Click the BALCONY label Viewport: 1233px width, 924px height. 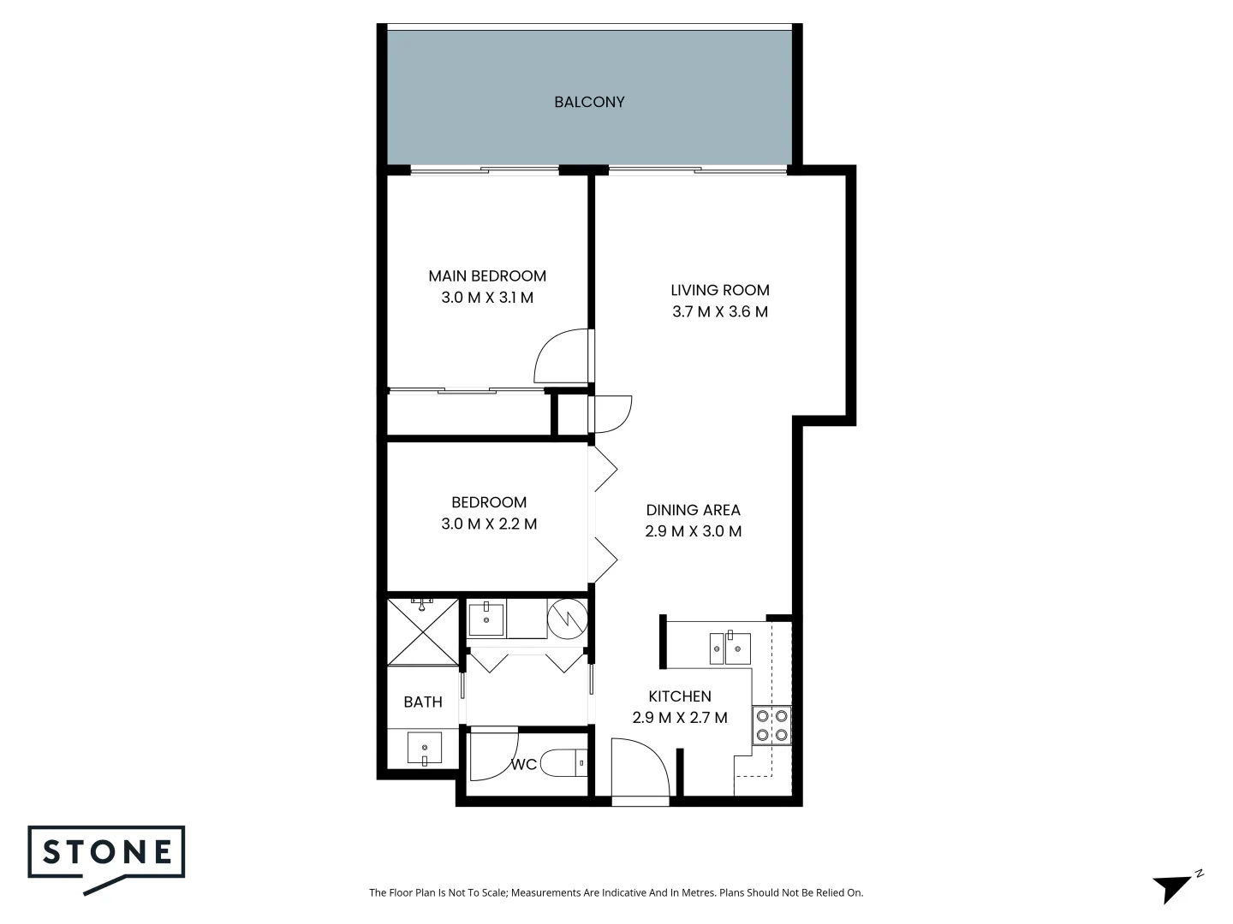[x=589, y=102]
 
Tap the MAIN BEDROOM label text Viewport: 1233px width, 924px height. [x=487, y=275]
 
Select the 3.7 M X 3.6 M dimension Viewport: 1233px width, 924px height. [x=720, y=311]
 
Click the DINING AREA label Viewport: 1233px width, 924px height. [x=693, y=510]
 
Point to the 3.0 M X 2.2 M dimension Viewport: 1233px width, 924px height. [x=489, y=524]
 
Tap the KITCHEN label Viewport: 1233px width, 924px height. [x=680, y=696]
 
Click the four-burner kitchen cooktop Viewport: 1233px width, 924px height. [x=771, y=725]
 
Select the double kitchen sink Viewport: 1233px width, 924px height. [x=730, y=648]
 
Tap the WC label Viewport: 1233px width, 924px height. [x=524, y=764]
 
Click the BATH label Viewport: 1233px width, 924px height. [x=423, y=702]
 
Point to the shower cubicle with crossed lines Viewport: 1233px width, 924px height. [x=423, y=632]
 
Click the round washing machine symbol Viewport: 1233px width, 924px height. [x=568, y=619]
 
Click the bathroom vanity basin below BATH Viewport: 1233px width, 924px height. [x=424, y=748]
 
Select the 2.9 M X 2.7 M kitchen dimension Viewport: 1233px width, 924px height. [x=680, y=718]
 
